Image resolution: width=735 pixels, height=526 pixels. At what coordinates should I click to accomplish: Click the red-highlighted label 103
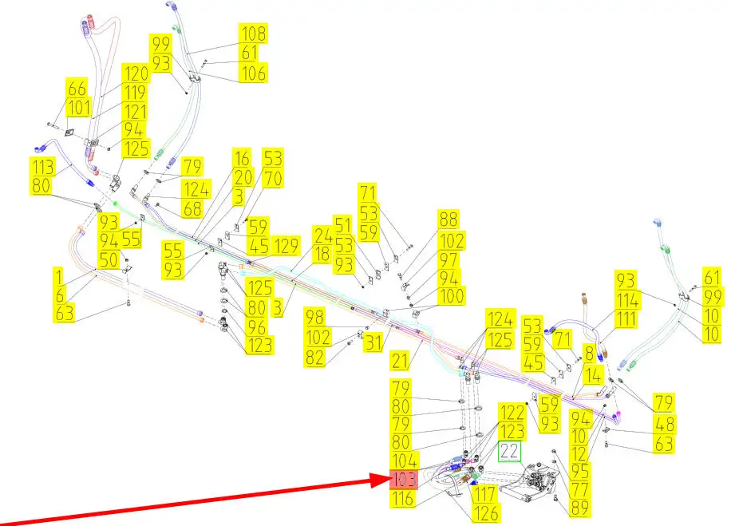[x=404, y=480]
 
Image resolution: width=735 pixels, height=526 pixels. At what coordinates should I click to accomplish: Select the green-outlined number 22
[x=510, y=453]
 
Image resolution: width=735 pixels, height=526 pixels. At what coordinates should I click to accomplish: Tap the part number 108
[x=254, y=34]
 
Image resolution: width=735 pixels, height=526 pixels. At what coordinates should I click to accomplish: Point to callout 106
[x=254, y=73]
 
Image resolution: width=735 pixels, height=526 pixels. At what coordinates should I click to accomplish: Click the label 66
[x=77, y=89]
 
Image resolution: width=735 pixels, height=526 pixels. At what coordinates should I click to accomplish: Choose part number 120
[x=136, y=74]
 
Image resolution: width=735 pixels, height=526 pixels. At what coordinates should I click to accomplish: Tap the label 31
[x=374, y=342]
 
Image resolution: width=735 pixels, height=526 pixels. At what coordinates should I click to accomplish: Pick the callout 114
[x=628, y=299]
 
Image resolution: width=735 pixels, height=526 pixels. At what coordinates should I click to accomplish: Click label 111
[x=626, y=319]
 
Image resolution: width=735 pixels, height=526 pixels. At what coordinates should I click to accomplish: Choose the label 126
[x=485, y=512]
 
